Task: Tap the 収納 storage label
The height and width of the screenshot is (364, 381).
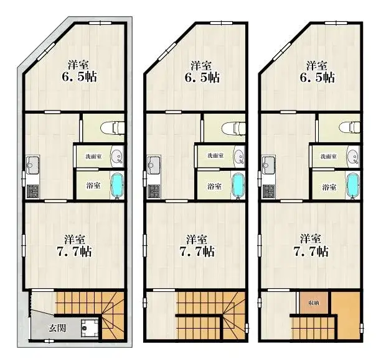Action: click(313, 303)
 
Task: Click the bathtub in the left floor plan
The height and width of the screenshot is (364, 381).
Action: click(116, 185)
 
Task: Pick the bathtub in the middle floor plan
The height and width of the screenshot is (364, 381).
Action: click(238, 185)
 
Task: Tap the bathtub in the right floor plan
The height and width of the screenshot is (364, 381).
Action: click(352, 184)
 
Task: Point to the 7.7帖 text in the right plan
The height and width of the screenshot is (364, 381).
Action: click(314, 251)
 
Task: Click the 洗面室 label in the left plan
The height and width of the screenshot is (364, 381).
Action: click(93, 157)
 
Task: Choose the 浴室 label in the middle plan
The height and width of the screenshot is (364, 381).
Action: click(214, 186)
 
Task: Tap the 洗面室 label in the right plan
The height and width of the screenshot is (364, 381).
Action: click(328, 157)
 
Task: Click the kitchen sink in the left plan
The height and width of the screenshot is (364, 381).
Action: click(32, 165)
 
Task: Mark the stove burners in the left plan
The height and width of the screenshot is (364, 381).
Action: click(32, 191)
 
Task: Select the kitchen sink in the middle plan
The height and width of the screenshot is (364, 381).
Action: click(154, 165)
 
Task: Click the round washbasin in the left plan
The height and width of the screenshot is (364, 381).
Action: click(116, 157)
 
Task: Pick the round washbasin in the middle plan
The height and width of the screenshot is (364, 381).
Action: click(238, 157)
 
